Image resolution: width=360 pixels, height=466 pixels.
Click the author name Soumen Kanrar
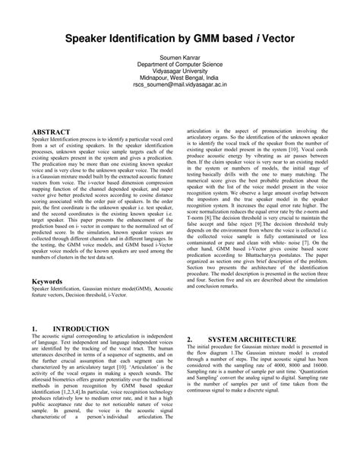[x=180, y=57]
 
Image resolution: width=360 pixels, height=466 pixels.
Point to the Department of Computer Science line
[x=180, y=65]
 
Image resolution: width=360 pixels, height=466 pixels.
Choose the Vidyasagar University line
[x=180, y=72]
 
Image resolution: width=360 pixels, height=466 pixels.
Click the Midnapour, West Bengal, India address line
[x=180, y=79]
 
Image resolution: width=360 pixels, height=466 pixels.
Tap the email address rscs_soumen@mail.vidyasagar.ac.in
[x=180, y=87]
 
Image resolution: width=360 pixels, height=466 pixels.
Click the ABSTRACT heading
[x=52, y=132]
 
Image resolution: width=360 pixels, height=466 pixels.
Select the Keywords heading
[x=47, y=281]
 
